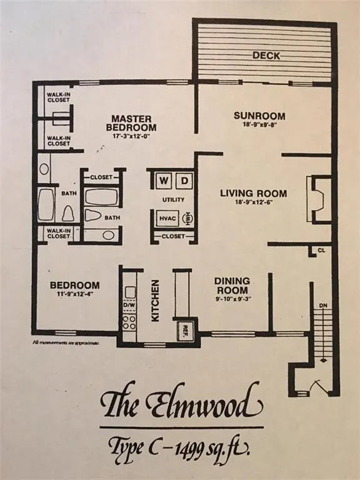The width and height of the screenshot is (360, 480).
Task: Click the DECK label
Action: tap(266, 56)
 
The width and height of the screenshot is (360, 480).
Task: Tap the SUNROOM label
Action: tap(259, 116)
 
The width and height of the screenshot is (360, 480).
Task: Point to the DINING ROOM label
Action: tap(232, 286)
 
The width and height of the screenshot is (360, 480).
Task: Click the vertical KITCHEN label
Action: tap(154, 301)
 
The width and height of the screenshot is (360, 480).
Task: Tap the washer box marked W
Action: tap(162, 181)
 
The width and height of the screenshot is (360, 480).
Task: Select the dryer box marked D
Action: tap(184, 181)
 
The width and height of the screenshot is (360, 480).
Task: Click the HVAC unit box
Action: tap(166, 218)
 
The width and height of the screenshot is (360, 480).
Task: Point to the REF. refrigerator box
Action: tap(186, 330)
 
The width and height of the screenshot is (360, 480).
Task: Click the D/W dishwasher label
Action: tap(130, 307)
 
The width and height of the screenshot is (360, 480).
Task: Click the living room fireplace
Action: tap(317, 199)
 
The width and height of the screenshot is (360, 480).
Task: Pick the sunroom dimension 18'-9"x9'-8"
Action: tap(259, 126)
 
